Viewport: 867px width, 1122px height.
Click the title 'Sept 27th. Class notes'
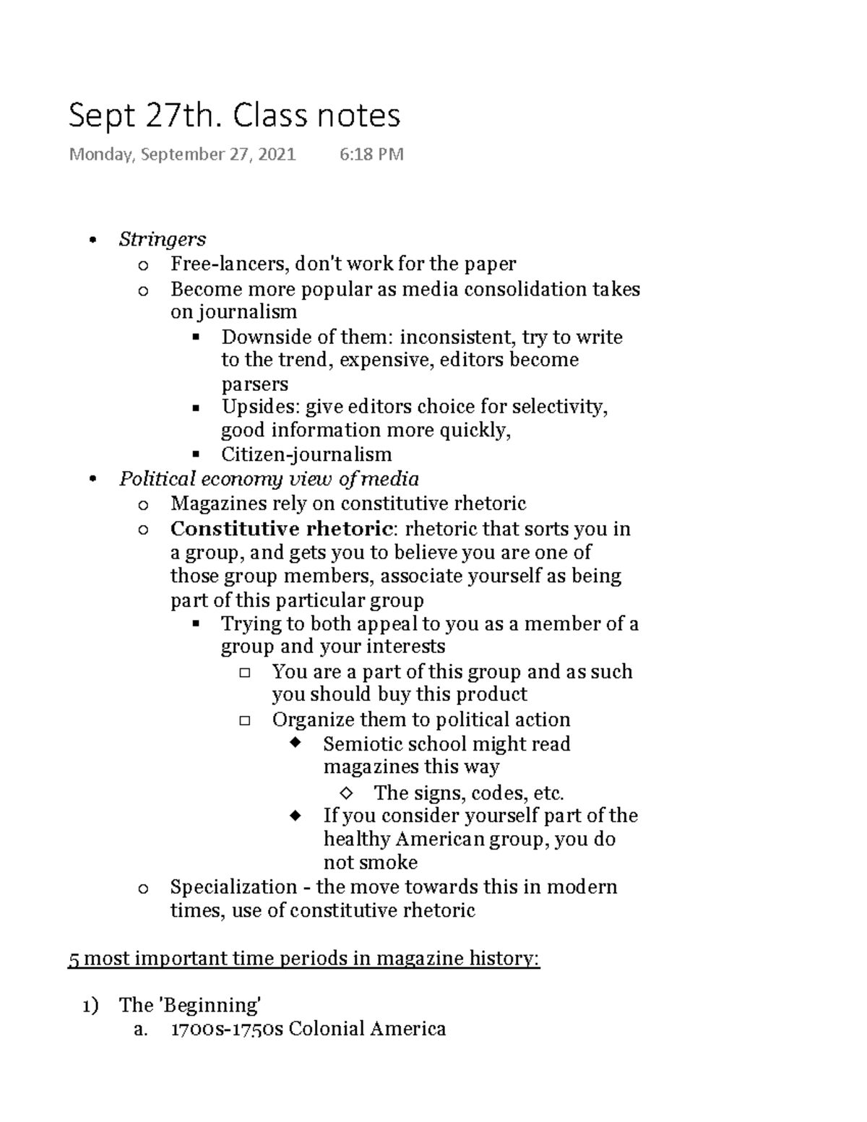(x=234, y=116)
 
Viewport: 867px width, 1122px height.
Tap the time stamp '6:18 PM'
(x=371, y=154)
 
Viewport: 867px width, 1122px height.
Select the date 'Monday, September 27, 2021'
(x=182, y=154)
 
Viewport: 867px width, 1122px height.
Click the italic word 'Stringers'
(x=163, y=239)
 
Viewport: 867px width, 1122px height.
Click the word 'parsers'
(x=254, y=384)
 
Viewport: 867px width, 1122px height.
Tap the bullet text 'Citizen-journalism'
(x=306, y=454)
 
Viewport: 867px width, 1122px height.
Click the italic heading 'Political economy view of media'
(x=269, y=479)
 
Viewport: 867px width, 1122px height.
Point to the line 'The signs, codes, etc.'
(x=468, y=793)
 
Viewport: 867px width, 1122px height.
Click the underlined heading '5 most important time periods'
(x=303, y=959)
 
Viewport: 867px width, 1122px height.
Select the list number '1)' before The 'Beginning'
(x=90, y=1006)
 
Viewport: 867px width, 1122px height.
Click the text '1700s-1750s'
(x=226, y=1029)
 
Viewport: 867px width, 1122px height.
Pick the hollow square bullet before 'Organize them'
(x=244, y=720)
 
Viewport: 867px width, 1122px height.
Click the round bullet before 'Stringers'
(x=91, y=241)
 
